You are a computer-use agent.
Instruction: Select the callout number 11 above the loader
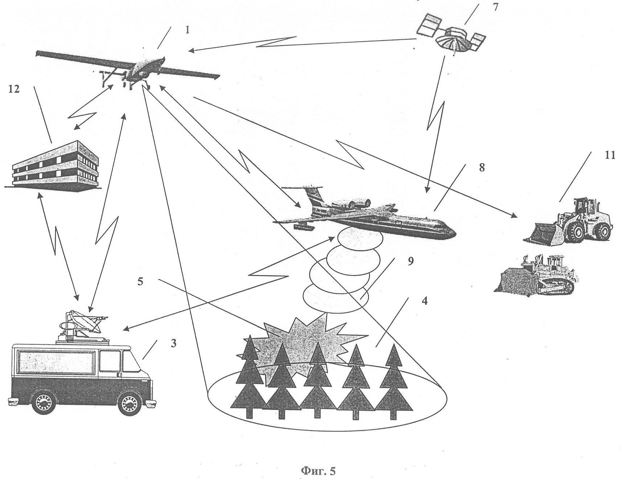pyautogui.click(x=610, y=155)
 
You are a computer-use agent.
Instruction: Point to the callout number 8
pyautogui.click(x=482, y=168)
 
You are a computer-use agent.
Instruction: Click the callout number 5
pyautogui.click(x=140, y=282)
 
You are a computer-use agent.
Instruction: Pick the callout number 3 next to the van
pyautogui.click(x=173, y=343)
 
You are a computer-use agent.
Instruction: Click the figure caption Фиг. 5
pyautogui.click(x=318, y=471)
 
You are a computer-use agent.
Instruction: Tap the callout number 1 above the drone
pyautogui.click(x=187, y=30)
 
